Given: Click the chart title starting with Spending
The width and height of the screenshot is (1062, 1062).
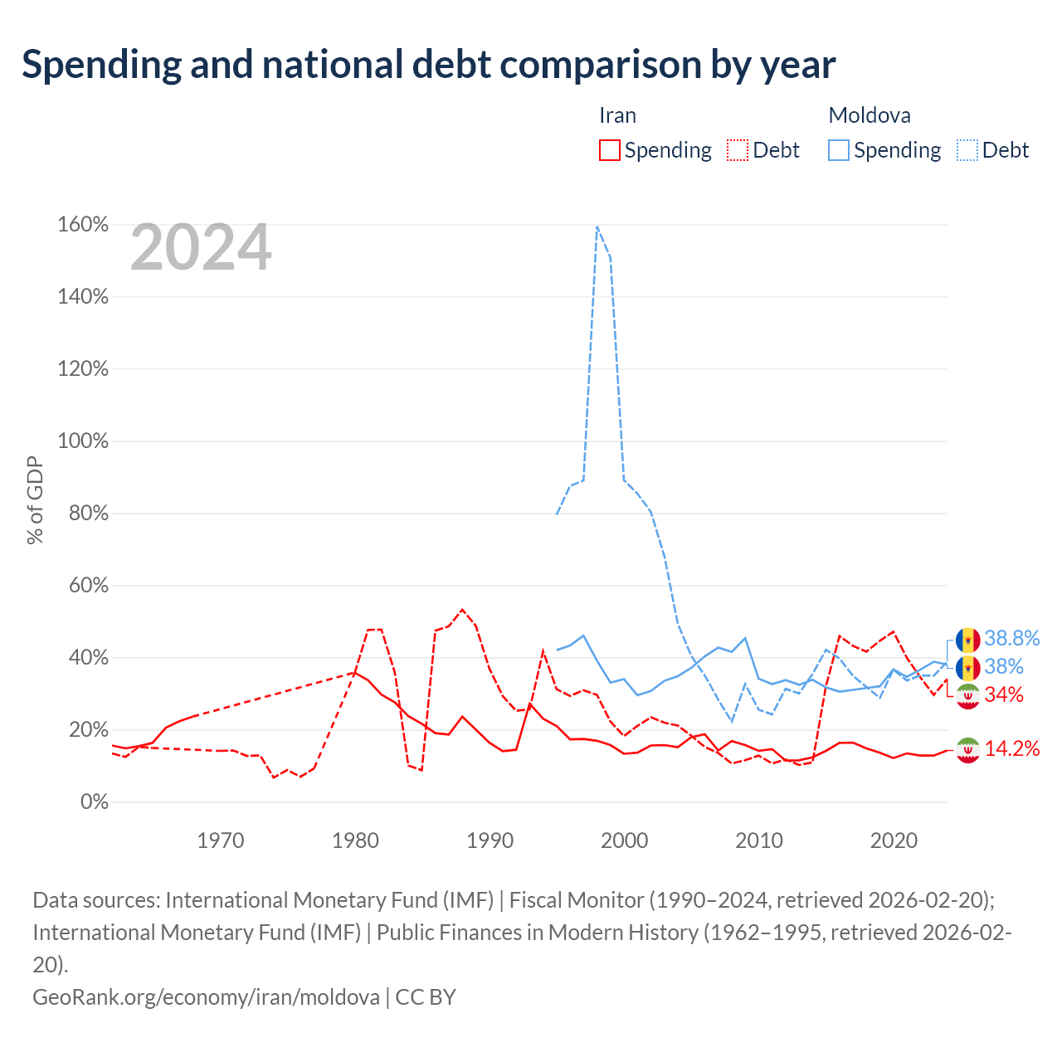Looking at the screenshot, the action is (x=428, y=65).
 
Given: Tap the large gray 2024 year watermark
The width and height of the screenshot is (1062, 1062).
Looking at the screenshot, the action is (x=201, y=246).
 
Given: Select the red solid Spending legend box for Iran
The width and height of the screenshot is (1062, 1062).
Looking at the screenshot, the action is (x=610, y=150).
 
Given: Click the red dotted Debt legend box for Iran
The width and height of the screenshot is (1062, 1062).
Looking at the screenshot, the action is (x=738, y=150).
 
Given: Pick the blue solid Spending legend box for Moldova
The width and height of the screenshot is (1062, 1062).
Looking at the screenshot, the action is (x=838, y=150).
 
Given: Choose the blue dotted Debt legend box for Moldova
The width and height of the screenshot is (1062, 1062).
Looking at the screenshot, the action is (x=967, y=150).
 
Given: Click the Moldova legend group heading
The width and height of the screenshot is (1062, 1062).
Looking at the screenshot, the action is (x=870, y=115).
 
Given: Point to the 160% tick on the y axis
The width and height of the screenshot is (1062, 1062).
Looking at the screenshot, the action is (x=83, y=224).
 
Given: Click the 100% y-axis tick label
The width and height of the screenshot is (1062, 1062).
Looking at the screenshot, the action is (x=83, y=441).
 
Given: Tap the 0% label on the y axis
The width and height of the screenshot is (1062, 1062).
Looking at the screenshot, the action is (x=95, y=801).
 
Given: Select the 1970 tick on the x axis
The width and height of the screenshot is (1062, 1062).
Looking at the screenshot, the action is (x=221, y=840).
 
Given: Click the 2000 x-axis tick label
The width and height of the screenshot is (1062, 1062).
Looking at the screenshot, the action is (x=624, y=840).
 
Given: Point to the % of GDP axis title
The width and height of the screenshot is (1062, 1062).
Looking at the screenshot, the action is (x=35, y=499).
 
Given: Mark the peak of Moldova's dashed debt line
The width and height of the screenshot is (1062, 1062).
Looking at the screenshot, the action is (x=597, y=227).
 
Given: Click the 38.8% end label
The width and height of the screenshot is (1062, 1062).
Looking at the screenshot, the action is (x=1012, y=638).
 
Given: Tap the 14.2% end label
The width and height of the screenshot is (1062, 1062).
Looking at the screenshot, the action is (x=1012, y=748).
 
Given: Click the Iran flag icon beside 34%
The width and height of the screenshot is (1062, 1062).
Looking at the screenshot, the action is (x=967, y=696).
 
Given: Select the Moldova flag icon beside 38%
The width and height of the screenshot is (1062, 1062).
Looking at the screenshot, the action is (x=967, y=668).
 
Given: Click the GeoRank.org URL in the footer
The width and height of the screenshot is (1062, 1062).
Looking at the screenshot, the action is (x=206, y=997).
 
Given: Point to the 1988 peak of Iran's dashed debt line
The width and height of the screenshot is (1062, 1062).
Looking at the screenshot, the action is (x=462, y=610).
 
